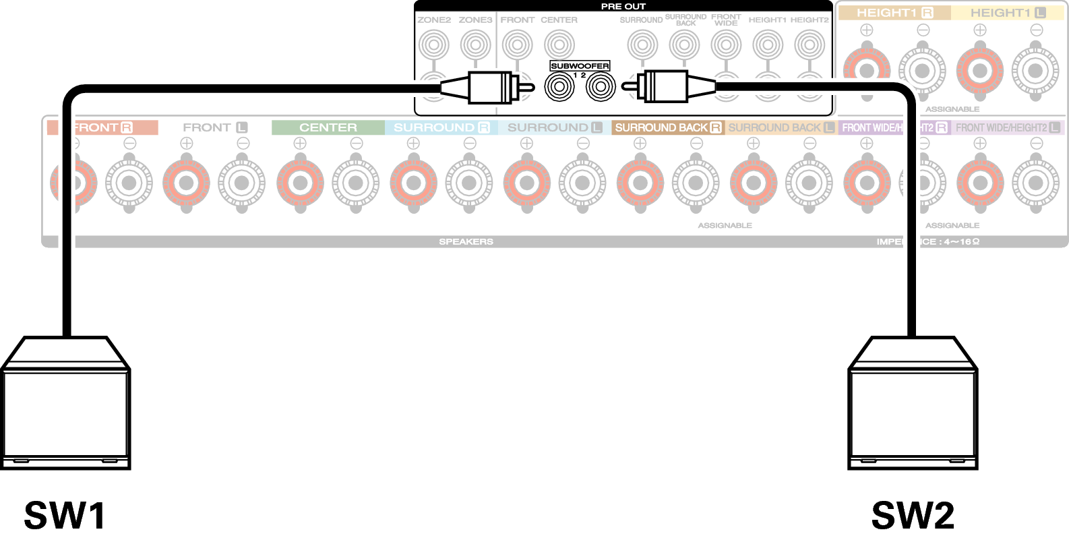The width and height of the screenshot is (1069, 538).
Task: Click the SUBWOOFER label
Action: [580, 66]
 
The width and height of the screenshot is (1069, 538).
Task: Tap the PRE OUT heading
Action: [623, 7]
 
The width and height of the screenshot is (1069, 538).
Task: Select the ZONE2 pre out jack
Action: [433, 45]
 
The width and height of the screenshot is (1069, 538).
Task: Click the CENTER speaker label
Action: [328, 127]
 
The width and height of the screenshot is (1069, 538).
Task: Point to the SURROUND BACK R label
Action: [667, 127]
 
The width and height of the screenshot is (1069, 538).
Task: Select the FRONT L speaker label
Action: [214, 127]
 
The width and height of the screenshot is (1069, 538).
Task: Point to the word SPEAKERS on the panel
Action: [466, 241]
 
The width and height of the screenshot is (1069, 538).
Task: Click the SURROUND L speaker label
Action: [555, 127]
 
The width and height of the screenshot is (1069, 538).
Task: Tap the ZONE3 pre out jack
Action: [475, 45]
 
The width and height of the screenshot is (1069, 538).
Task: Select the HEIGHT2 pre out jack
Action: [810, 45]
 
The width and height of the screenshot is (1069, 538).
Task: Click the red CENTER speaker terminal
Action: [300, 183]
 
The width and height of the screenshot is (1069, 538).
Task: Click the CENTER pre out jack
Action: [559, 45]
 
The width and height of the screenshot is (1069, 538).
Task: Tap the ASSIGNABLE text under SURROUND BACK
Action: [725, 225]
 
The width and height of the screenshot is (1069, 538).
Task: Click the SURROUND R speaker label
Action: [441, 127]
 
